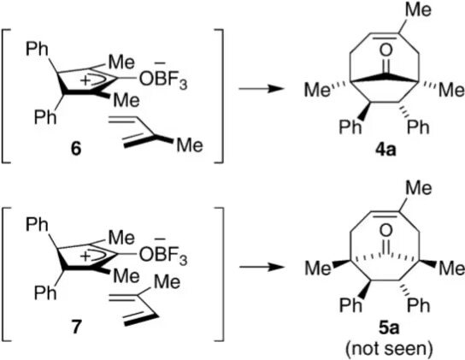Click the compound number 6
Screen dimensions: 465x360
coord(76,149)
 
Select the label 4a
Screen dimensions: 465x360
coord(386,150)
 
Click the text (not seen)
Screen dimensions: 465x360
coord(389,349)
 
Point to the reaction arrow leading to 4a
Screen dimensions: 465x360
coord(260,88)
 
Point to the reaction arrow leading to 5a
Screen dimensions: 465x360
coord(260,267)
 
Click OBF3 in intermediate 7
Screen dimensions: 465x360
coord(163,255)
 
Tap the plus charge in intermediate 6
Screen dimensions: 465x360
coord(85,81)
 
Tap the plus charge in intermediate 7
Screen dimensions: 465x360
coord(85,257)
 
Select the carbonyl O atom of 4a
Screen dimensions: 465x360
coord(386,50)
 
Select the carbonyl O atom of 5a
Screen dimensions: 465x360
coord(386,230)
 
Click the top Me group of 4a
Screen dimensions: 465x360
coord(417,9)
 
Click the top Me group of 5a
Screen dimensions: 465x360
coord(417,188)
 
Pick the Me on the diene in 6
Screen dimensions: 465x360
coord(190,145)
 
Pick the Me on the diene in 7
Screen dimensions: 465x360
coord(167,281)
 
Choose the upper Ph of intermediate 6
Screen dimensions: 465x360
coord(37,49)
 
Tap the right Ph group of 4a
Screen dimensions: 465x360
coord(418,127)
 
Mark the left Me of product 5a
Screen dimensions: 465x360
coord(317,269)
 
